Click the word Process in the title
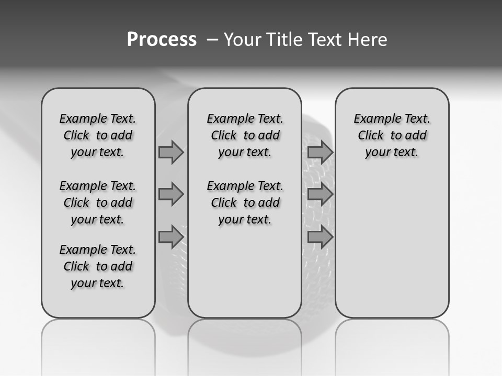(162, 39)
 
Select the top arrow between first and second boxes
(171, 152)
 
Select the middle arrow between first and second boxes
(171, 195)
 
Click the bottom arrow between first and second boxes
(171, 237)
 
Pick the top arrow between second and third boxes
(320, 152)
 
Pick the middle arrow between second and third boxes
(320, 195)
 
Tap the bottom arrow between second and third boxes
(320, 237)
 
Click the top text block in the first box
(98, 135)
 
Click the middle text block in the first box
(98, 203)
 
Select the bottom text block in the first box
(98, 266)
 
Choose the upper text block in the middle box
(245, 135)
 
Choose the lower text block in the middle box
(245, 203)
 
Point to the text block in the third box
(392, 135)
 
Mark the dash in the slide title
(212, 40)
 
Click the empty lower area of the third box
(392, 245)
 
